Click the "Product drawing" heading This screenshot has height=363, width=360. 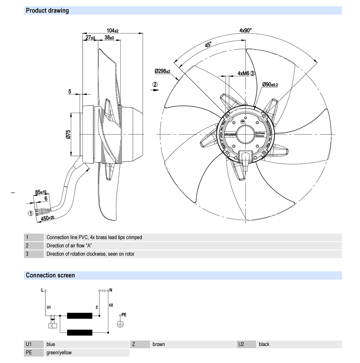(x=47, y=10)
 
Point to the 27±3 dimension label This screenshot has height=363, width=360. (x=90, y=37)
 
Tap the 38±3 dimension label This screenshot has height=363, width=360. (x=109, y=37)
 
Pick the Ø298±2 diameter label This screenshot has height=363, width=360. (x=162, y=71)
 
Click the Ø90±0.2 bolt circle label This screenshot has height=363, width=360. (x=270, y=84)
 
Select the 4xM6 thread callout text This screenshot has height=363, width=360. (x=243, y=73)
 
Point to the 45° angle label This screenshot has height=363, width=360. (x=208, y=45)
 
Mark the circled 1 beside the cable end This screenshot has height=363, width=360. (x=31, y=213)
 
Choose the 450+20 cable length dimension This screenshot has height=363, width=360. (x=47, y=218)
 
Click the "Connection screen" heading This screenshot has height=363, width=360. (x=50, y=275)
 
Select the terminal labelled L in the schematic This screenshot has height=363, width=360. (x=45, y=290)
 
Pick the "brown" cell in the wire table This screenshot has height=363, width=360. (x=159, y=344)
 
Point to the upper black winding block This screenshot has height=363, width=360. (x=80, y=316)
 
